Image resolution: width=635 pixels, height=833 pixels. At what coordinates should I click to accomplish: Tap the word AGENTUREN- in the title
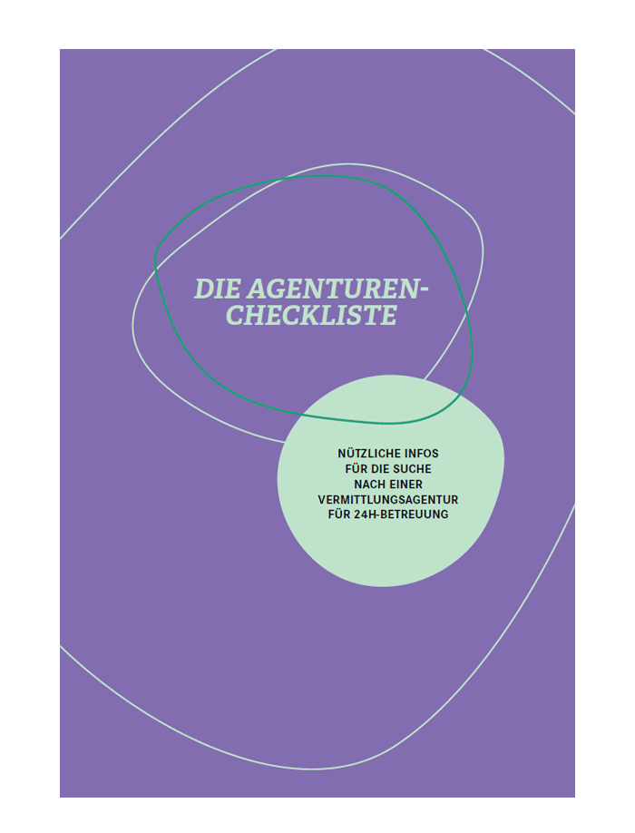pyautogui.click(x=338, y=289)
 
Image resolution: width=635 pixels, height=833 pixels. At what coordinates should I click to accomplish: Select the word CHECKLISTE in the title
pyautogui.click(x=312, y=316)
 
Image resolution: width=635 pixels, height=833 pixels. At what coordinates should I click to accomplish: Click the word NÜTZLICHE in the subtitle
pyautogui.click(x=369, y=454)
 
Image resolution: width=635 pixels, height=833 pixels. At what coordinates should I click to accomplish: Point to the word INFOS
pyautogui.click(x=422, y=454)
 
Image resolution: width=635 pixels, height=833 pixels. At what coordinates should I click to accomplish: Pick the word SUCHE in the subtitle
pyautogui.click(x=412, y=469)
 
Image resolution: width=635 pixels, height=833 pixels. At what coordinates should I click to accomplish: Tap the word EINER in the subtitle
pyautogui.click(x=406, y=485)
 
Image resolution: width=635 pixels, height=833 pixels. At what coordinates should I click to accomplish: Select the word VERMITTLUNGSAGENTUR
pyautogui.click(x=388, y=500)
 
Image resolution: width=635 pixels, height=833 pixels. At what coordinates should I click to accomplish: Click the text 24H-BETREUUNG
pyautogui.click(x=401, y=514)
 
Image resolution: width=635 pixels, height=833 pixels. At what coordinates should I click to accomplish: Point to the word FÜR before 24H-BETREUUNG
pyautogui.click(x=338, y=514)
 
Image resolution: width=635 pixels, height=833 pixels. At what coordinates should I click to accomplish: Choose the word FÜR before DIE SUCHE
pyautogui.click(x=356, y=468)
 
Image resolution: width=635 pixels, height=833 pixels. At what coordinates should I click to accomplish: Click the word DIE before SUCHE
pyautogui.click(x=380, y=469)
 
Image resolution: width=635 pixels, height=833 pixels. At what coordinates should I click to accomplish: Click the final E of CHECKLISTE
pyautogui.click(x=387, y=316)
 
